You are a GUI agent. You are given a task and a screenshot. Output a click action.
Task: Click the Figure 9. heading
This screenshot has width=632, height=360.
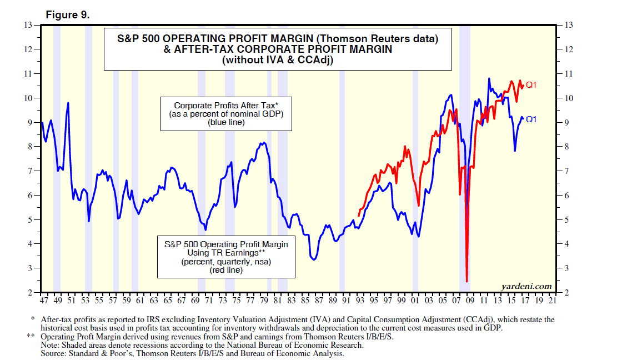click(67, 15)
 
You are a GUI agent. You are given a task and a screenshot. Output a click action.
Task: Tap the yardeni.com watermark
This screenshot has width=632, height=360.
click(526, 286)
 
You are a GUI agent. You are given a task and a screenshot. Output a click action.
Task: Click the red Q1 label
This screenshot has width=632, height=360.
click(531, 85)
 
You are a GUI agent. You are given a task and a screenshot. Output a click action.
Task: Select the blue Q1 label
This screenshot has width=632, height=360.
click(531, 119)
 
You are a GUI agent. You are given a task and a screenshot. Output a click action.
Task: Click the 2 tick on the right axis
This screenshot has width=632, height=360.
click(566, 293)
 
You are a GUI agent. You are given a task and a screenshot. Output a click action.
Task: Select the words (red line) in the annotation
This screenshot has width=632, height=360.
click(226, 270)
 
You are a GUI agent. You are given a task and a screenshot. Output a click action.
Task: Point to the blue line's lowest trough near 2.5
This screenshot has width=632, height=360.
click(467, 281)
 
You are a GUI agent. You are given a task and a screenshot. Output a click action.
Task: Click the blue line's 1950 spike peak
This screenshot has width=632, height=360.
click(68, 103)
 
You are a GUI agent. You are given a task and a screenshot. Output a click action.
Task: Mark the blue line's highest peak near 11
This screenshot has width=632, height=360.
click(489, 78)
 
